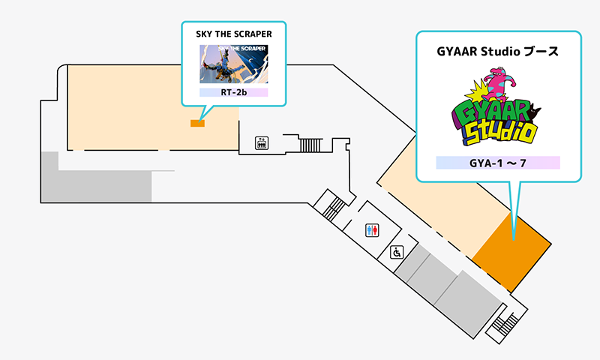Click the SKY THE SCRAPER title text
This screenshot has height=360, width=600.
(234, 34)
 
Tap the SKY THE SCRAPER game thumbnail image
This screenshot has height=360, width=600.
(233, 64)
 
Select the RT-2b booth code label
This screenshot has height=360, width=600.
(233, 92)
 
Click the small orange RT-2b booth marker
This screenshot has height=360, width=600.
(197, 123)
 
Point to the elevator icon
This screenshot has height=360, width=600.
(262, 143)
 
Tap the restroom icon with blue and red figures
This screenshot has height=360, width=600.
(372, 230)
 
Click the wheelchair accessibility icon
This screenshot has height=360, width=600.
(397, 253)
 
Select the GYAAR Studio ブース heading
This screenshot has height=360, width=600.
(497, 51)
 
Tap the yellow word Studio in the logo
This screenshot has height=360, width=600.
(499, 133)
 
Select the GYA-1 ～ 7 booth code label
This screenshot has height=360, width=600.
(498, 163)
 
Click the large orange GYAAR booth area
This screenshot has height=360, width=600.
(511, 252)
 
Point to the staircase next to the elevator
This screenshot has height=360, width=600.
(310, 145)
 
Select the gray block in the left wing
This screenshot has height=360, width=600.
(96, 177)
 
